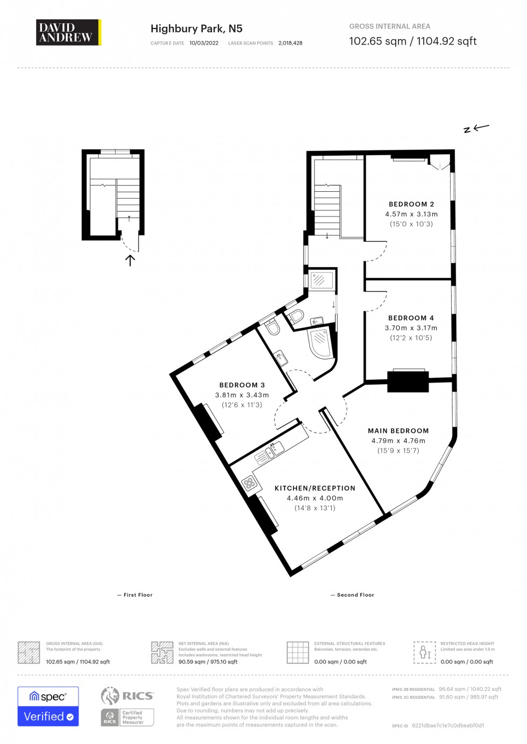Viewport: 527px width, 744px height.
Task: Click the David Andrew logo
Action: (68, 32)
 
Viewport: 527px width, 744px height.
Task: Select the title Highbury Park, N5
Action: (196, 28)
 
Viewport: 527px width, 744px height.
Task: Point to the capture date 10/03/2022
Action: (204, 43)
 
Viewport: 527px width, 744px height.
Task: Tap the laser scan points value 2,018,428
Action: (290, 43)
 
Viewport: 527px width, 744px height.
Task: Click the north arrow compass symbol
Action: (476, 128)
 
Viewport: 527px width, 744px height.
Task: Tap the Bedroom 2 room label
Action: (411, 204)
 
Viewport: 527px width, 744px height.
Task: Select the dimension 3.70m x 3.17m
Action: (411, 328)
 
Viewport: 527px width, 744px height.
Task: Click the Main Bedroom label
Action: (398, 431)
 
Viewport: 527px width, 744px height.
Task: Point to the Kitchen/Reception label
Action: (315, 488)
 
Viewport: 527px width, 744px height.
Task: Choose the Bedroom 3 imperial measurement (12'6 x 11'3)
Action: (242, 405)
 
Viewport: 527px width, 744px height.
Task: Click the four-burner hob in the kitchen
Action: (250, 483)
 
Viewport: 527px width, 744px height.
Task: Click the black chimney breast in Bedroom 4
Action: (408, 382)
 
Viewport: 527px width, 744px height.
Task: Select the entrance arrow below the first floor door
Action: (130, 261)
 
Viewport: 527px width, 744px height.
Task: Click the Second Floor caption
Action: (355, 595)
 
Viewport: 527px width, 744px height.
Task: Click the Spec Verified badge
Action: (48, 706)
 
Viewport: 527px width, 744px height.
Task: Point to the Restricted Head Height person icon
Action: (424, 652)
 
